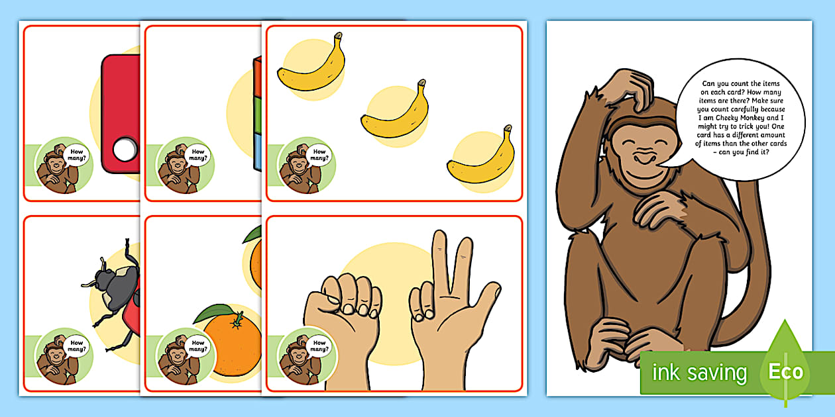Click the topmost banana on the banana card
tap(310, 64)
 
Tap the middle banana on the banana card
tap(395, 113)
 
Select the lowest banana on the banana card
tap(481, 158)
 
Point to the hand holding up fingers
tap(451, 311)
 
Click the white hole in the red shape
tap(124, 150)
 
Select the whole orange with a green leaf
tap(231, 344)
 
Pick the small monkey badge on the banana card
tap(306, 166)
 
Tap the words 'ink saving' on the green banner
tap(699, 373)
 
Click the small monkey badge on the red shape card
tap(64, 165)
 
